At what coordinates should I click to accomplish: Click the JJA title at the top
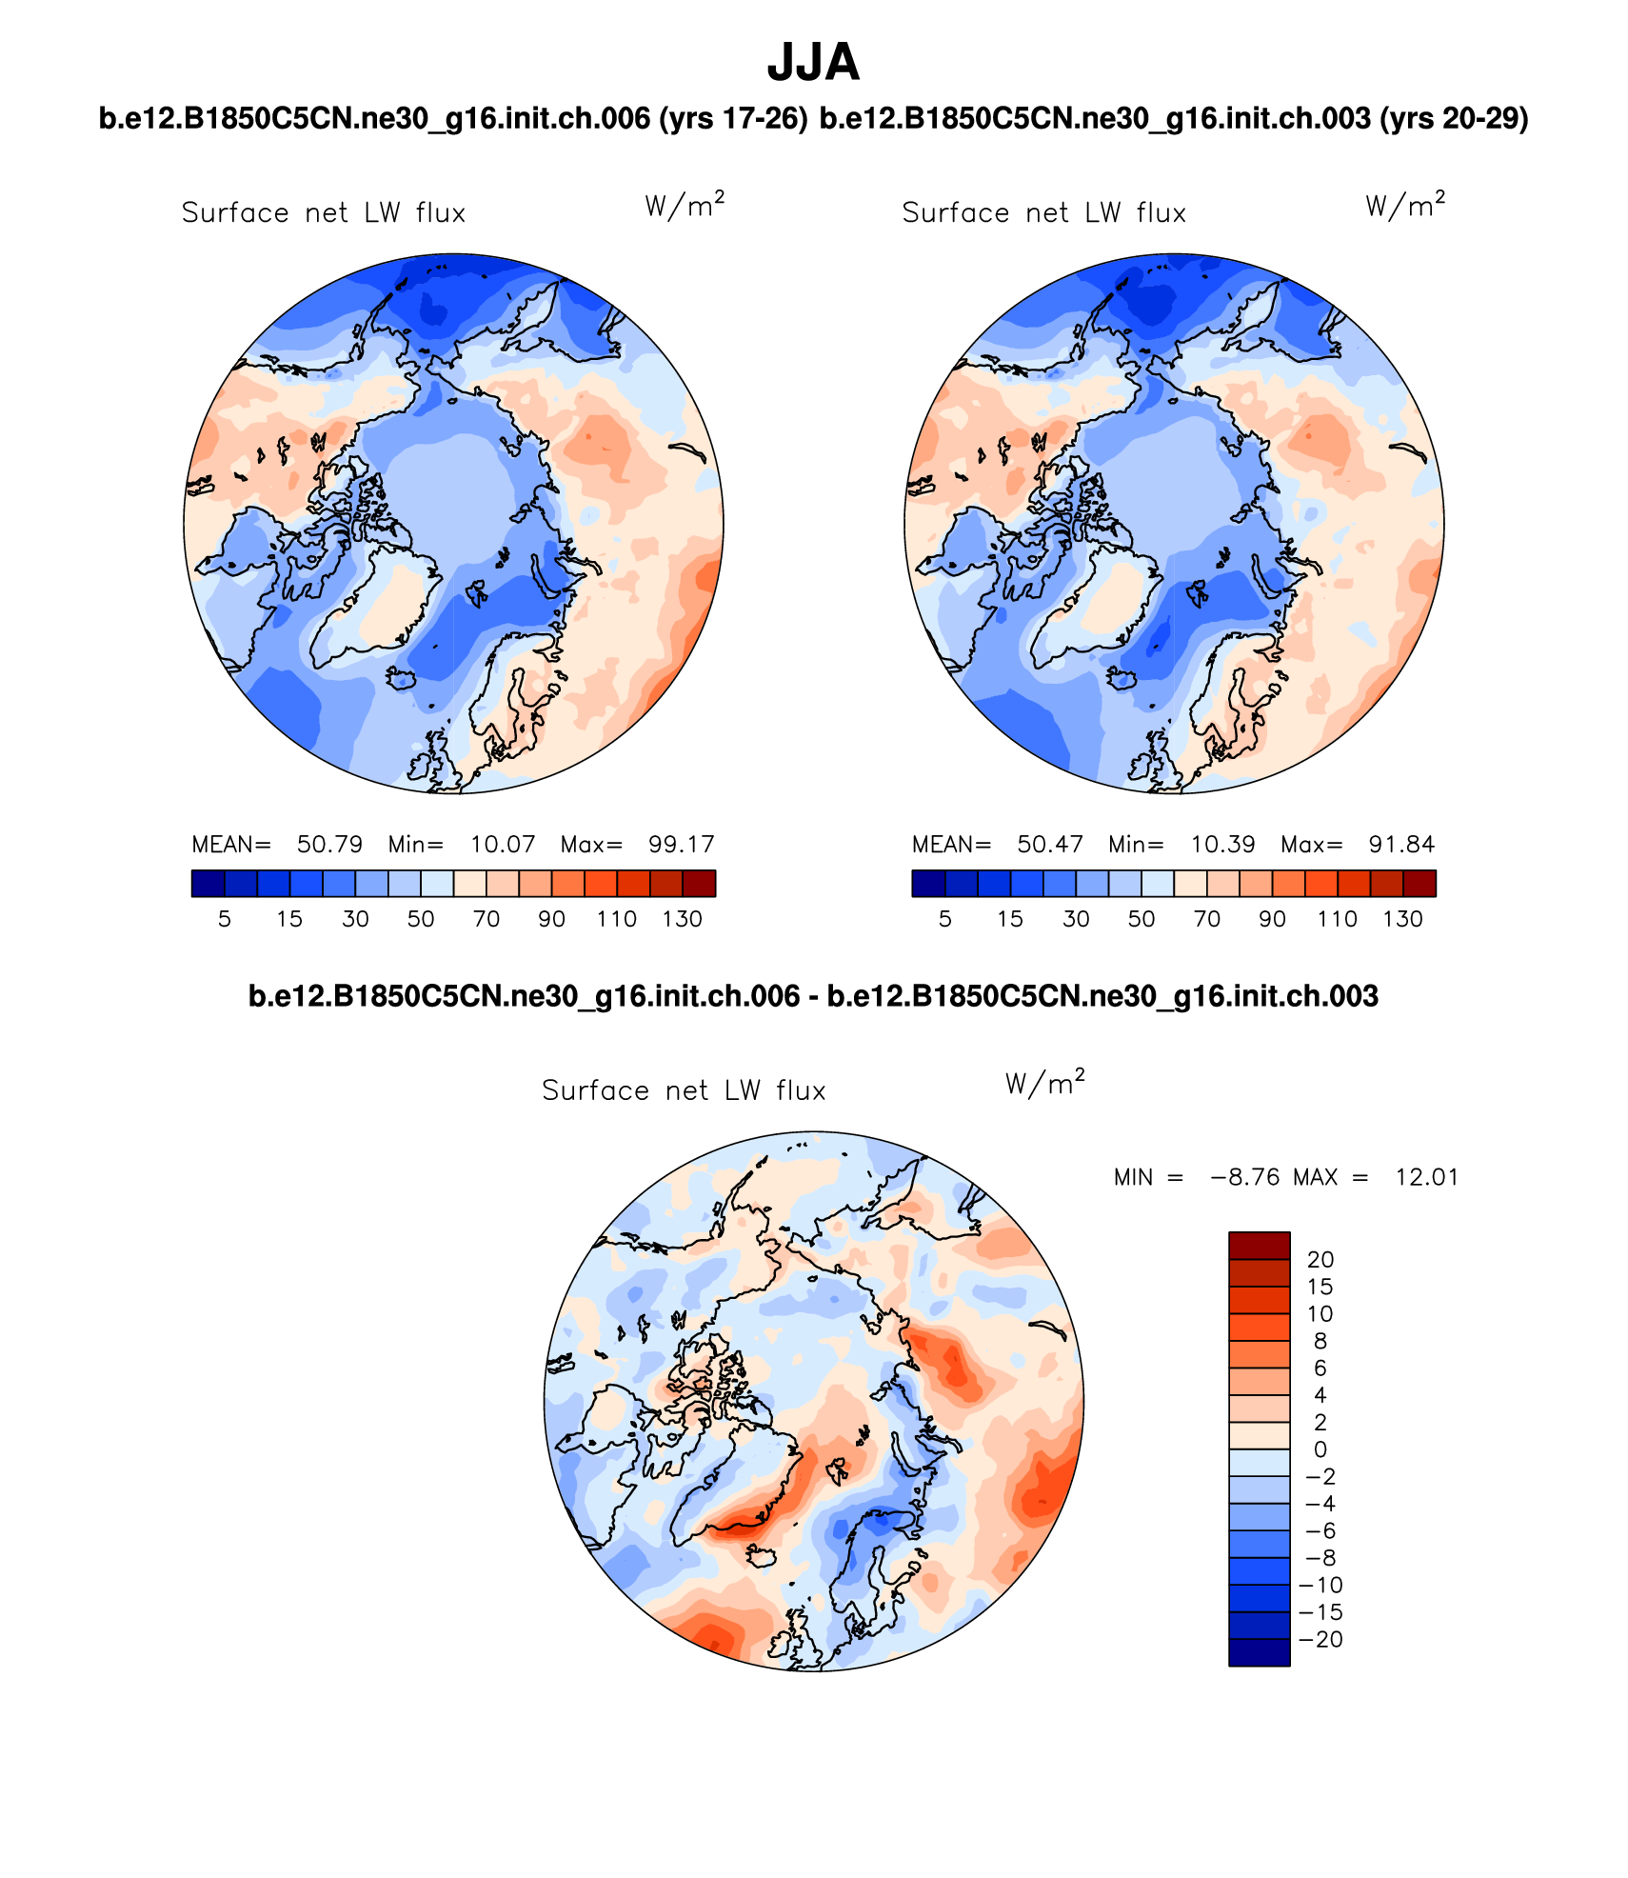(813, 63)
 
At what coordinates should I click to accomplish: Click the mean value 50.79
(329, 845)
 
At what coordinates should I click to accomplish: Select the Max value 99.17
(681, 845)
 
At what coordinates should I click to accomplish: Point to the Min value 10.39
(1222, 845)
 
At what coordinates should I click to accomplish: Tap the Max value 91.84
(1401, 845)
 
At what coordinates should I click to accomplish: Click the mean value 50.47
(1050, 845)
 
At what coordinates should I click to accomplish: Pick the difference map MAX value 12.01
(1426, 1177)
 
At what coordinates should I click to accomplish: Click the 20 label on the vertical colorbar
(1320, 1260)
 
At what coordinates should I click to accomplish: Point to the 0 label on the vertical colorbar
(1320, 1449)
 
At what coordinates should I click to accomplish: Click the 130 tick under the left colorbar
(682, 919)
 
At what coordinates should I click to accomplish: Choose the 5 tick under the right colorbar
(944, 919)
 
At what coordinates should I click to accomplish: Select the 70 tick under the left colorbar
(486, 919)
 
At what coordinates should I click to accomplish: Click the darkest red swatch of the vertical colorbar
(1259, 1246)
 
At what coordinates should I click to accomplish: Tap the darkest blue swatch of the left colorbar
(208, 884)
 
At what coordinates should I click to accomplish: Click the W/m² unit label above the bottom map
(1044, 1084)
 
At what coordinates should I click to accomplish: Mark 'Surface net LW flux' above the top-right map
(1043, 212)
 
